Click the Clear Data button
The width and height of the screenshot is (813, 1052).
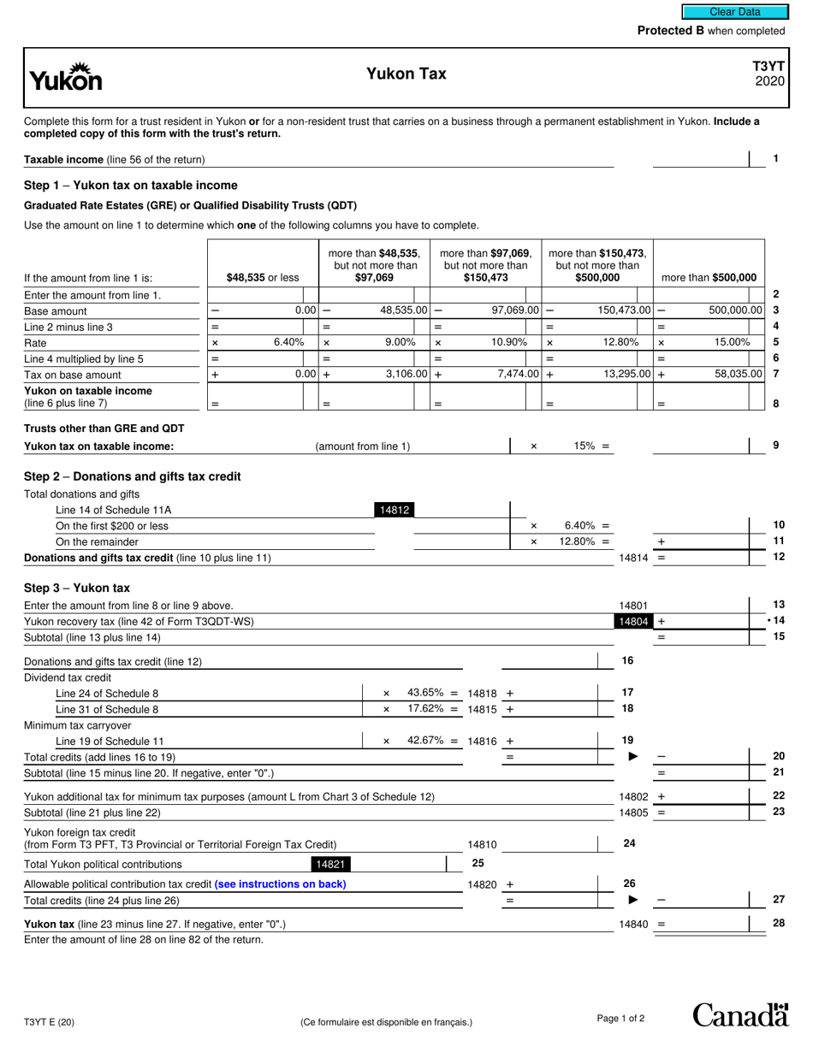tap(734, 12)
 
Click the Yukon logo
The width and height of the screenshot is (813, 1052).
tap(66, 78)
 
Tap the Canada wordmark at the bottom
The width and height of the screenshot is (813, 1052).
tap(740, 1015)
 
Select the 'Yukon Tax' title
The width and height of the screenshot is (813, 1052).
tap(406, 74)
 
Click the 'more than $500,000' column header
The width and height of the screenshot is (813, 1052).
tap(709, 277)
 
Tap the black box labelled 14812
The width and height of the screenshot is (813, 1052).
tap(395, 511)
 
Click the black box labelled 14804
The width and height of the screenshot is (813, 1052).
tap(632, 622)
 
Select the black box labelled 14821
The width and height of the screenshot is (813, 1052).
tap(329, 865)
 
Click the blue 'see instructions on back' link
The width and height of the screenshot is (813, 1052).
tap(281, 884)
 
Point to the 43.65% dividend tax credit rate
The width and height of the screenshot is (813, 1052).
tap(426, 692)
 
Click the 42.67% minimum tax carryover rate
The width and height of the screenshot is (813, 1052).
tap(426, 741)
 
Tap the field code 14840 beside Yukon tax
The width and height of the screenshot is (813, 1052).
tap(633, 925)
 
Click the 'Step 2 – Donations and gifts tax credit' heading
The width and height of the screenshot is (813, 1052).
tap(133, 476)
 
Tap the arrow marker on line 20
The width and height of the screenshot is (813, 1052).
tap(633, 757)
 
